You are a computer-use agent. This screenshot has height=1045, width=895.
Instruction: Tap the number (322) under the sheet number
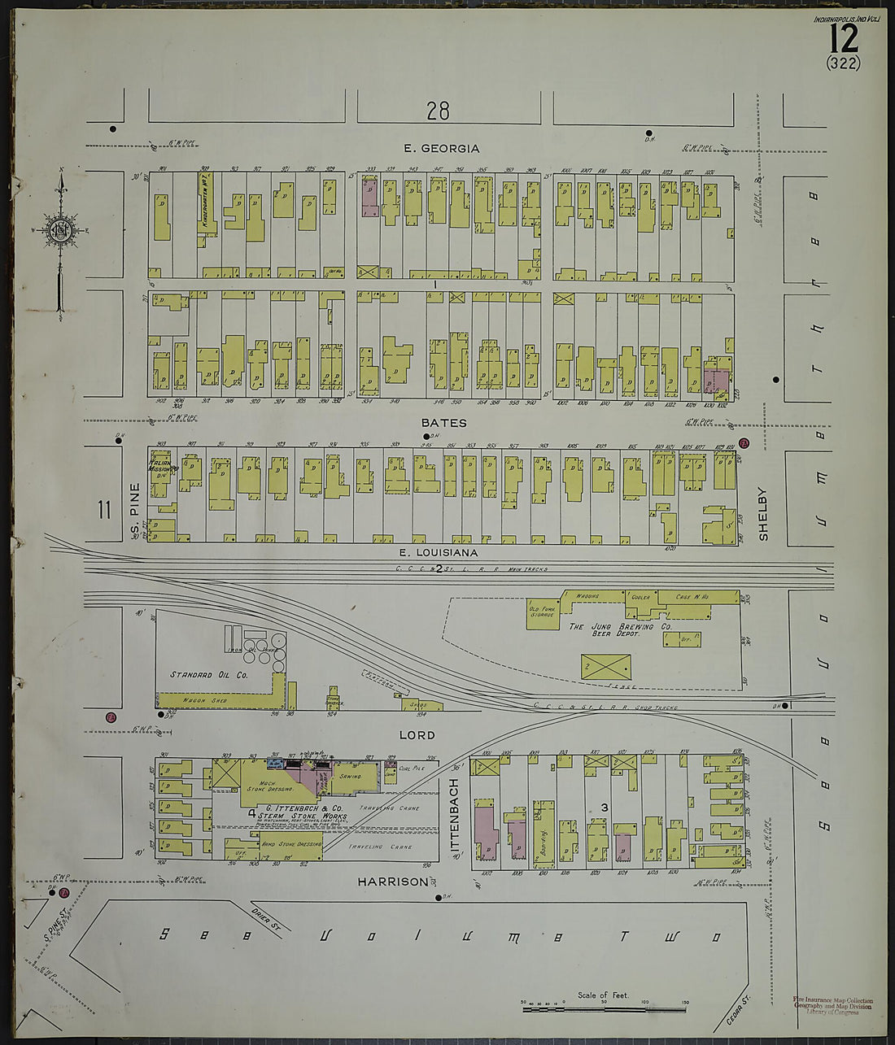click(x=842, y=63)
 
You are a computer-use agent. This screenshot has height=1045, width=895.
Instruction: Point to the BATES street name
click(x=444, y=423)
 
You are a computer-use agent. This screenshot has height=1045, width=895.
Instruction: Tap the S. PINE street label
click(x=135, y=511)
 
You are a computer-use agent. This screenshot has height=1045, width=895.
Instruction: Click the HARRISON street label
click(x=391, y=882)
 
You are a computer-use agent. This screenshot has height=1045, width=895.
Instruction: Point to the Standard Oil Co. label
click(x=208, y=675)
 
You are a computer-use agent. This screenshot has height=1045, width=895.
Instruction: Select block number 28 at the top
click(x=438, y=111)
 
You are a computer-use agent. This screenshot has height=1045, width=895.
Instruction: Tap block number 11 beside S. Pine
click(x=103, y=511)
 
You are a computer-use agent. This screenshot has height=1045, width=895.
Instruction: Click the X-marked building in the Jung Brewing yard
click(x=606, y=668)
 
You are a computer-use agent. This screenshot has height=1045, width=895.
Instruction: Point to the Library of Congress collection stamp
click(x=832, y=1007)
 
